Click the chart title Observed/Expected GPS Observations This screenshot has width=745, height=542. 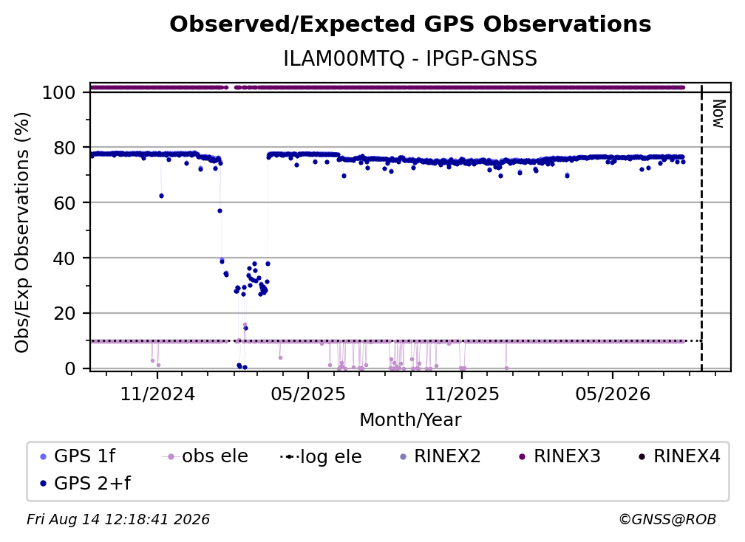pyautogui.click(x=410, y=24)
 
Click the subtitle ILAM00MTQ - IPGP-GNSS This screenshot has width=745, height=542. pyautogui.click(x=410, y=59)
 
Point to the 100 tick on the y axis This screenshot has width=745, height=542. pyautogui.click(x=59, y=92)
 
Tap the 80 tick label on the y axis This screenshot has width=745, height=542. pyautogui.click(x=64, y=148)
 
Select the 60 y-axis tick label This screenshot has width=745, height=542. pyautogui.click(x=64, y=203)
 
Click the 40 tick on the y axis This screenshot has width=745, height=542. pyautogui.click(x=64, y=258)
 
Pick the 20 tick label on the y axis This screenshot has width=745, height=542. pyautogui.click(x=64, y=314)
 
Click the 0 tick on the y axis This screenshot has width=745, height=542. pyautogui.click(x=70, y=368)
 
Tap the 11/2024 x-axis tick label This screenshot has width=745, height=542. pyautogui.click(x=157, y=394)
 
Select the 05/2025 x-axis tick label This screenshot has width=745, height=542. pyautogui.click(x=308, y=394)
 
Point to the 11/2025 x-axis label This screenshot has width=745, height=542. pyautogui.click(x=462, y=394)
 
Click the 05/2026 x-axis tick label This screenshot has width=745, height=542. pyautogui.click(x=613, y=394)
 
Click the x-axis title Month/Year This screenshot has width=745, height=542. pyautogui.click(x=410, y=420)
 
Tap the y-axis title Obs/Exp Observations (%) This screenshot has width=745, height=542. pyautogui.click(x=22, y=233)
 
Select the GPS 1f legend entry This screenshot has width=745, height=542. pyautogui.click(x=78, y=456)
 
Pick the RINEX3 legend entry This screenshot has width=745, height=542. pyautogui.click(x=559, y=456)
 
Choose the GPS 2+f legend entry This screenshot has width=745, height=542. pyautogui.click(x=86, y=484)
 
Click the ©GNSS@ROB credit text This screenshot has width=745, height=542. pyautogui.click(x=667, y=520)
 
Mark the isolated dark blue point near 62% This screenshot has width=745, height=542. pyautogui.click(x=162, y=196)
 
